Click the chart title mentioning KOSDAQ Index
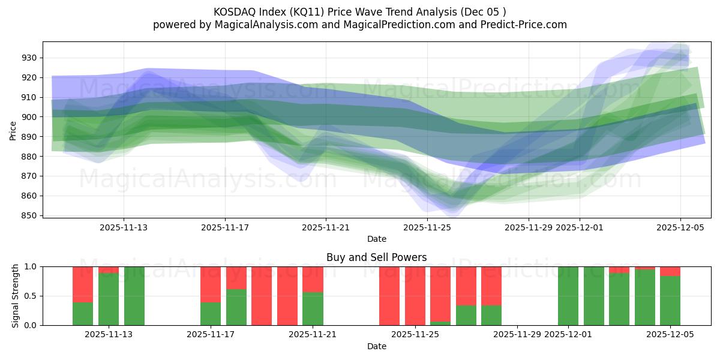point(360,12)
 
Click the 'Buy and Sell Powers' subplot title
point(376,257)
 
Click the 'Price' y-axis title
point(13,130)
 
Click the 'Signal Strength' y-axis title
point(16,296)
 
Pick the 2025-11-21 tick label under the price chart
point(326,227)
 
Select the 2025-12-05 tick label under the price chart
point(680,227)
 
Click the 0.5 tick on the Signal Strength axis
point(30,296)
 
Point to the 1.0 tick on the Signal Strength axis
point(30,266)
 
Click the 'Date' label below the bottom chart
point(376,346)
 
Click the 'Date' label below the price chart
point(376,239)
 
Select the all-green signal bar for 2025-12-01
point(568,296)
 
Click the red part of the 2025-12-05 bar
point(670,271)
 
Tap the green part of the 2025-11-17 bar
point(211,314)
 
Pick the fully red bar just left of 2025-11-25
point(389,296)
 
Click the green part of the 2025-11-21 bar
point(313,309)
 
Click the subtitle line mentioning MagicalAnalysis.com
point(360,25)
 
